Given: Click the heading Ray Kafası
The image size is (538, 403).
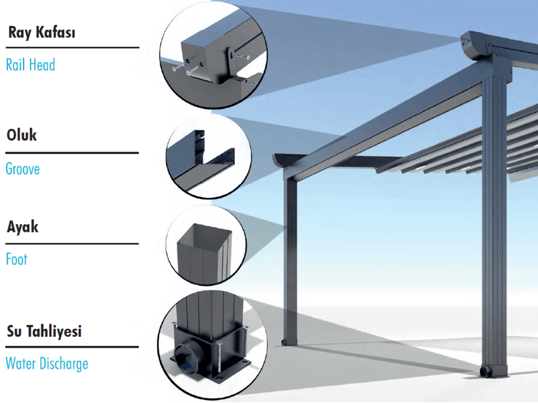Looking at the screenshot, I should pyautogui.click(x=42, y=34).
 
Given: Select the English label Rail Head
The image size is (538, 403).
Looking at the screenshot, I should pyautogui.click(x=30, y=65).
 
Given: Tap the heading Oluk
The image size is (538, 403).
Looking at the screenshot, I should pyautogui.click(x=21, y=136).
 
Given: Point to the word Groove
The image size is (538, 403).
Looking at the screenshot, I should pyautogui.click(x=23, y=169).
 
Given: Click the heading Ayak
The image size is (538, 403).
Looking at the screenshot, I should pyautogui.click(x=23, y=227).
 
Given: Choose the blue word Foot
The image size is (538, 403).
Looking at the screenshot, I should pyautogui.click(x=17, y=259).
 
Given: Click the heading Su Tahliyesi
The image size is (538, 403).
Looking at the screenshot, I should pyautogui.click(x=44, y=331).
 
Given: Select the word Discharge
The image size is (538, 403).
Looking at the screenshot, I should pyautogui.click(x=63, y=364).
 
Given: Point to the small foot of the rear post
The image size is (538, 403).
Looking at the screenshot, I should pyautogui.click(x=283, y=343).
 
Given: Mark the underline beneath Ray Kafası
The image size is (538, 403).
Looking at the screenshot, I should pyautogui.click(x=72, y=47).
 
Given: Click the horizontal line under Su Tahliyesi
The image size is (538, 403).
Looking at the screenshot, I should pyautogui.click(x=72, y=347).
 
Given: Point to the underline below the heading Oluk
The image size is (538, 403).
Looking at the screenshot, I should pyautogui.click(x=72, y=153).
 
